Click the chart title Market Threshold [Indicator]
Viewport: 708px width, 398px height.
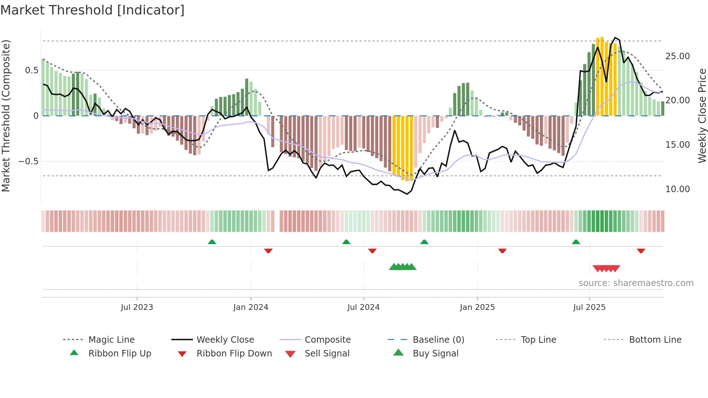pos(92,10)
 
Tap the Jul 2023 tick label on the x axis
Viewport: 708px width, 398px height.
pos(137,307)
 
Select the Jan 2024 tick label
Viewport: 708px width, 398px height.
pos(251,307)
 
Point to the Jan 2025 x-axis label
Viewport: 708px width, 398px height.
pos(477,307)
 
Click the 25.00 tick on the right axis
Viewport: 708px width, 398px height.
pos(677,56)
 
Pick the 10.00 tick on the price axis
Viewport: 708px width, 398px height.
pos(677,189)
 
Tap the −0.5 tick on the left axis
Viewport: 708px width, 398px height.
pos(29,161)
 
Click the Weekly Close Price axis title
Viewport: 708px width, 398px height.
pos(702,116)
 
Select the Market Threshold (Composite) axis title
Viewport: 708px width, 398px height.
pos(6,116)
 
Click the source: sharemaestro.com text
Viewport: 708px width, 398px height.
pos(636,283)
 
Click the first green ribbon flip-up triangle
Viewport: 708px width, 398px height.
pos(212,242)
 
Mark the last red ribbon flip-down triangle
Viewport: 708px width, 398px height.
pos(641,251)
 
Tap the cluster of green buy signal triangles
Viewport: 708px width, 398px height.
pos(402,267)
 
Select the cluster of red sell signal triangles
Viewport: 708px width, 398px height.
pos(606,268)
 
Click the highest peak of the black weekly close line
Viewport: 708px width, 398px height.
pos(615,38)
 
